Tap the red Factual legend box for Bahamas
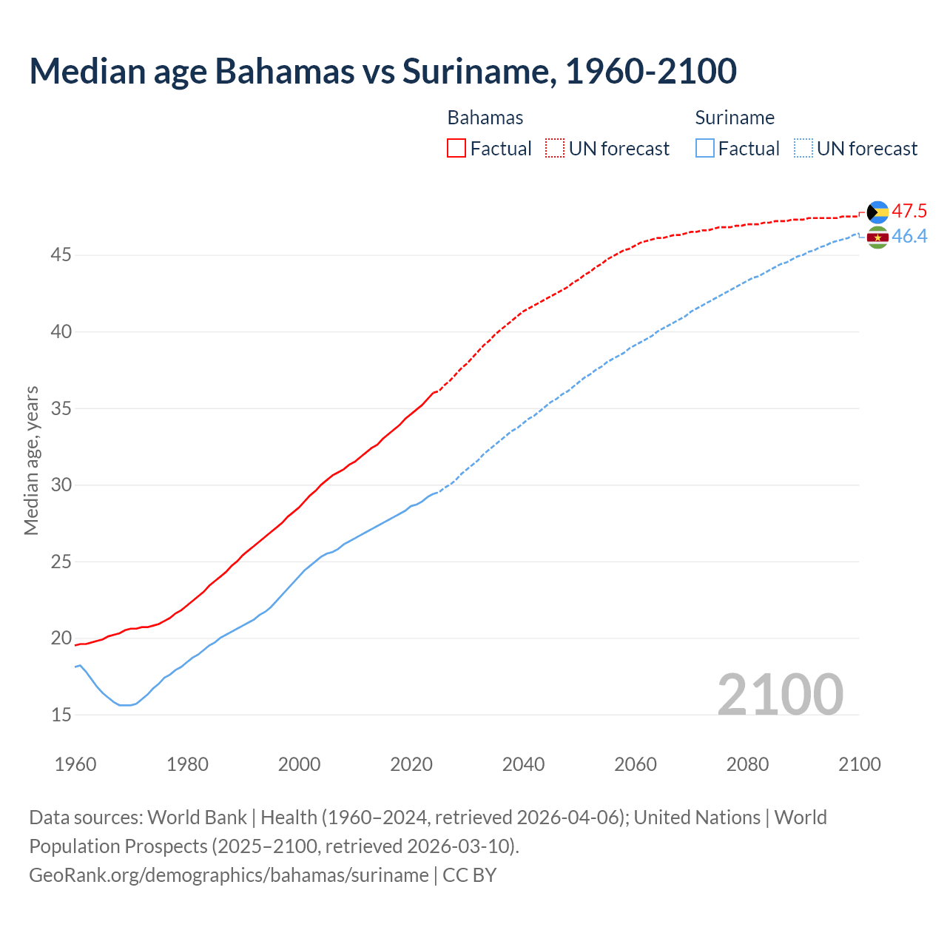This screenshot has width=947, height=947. (456, 148)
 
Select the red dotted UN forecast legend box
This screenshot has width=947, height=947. (555, 148)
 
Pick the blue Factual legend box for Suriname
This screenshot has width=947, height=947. (705, 148)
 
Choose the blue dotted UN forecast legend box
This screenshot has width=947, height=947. (803, 148)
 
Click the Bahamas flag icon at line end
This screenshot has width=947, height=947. (877, 212)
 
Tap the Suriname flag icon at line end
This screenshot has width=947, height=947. (877, 237)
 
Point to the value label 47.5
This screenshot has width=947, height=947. (909, 211)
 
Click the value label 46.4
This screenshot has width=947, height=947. (909, 236)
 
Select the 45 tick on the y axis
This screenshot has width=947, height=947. (61, 255)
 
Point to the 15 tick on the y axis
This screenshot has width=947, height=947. (61, 715)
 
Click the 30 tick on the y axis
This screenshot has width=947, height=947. (61, 485)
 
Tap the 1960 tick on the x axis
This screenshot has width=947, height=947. (75, 764)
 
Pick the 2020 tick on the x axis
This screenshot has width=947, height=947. (411, 764)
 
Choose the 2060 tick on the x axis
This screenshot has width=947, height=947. (636, 764)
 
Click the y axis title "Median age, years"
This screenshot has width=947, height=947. (31, 460)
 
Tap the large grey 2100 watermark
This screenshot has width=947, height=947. (780, 694)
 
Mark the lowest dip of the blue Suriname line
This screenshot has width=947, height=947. (125, 705)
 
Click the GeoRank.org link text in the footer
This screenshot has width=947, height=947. (229, 874)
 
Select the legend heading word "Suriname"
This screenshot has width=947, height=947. (735, 118)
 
